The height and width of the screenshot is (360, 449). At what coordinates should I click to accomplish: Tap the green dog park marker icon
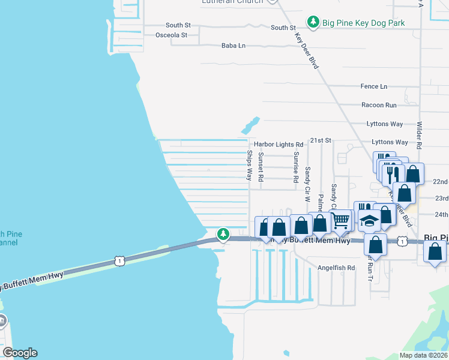coord(313,23)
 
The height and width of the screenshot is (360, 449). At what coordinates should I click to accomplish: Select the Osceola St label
coord(172,35)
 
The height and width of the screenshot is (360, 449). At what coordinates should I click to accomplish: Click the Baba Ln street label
coord(234,46)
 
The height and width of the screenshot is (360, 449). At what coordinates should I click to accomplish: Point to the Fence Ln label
coord(374,86)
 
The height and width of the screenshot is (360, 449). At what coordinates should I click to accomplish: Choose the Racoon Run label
coord(379,105)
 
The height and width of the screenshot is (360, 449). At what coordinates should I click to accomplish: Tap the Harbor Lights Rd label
coord(279,145)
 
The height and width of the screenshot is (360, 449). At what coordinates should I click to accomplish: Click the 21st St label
coord(321,140)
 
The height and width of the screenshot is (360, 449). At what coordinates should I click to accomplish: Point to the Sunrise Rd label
coord(296,167)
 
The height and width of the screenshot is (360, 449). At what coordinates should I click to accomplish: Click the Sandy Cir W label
coord(307,183)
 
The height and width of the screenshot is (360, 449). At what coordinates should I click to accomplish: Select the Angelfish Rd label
coord(336,268)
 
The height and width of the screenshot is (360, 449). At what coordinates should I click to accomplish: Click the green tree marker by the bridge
coord(223,233)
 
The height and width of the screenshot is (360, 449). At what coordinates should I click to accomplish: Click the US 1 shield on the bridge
coord(120,261)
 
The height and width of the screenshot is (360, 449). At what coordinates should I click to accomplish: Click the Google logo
coord(20,353)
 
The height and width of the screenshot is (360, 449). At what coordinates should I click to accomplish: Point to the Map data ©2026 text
coord(423,355)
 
